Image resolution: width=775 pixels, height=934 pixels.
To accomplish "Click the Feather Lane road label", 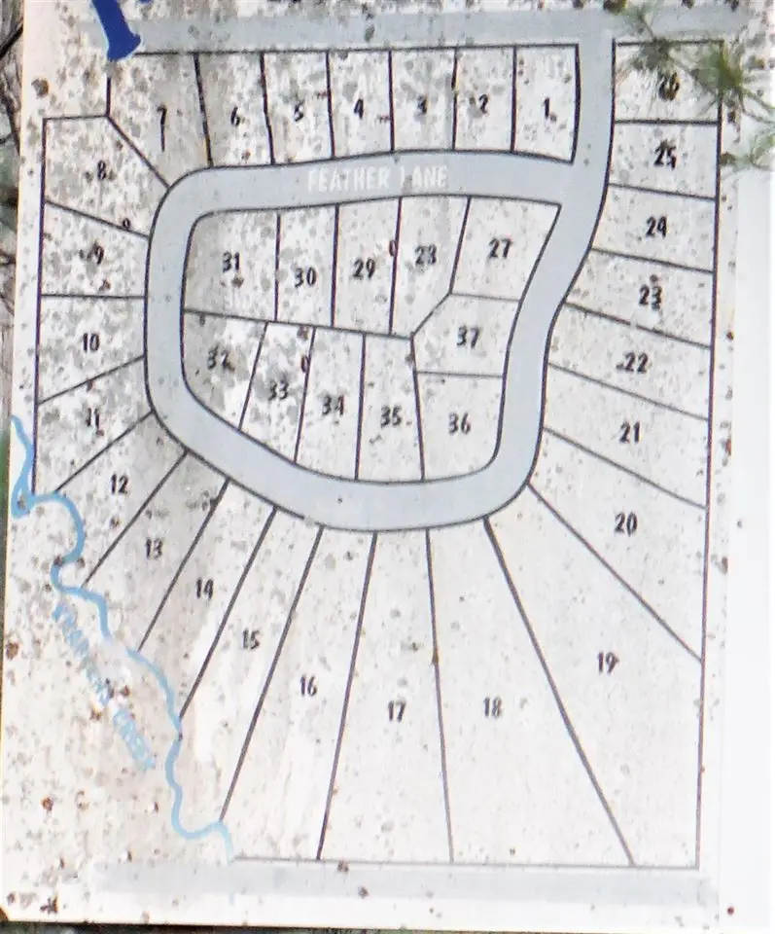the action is tap(376, 180).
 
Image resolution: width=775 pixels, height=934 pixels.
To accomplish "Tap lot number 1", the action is tap(547, 109).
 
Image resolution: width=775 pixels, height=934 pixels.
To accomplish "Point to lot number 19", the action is tap(607, 664).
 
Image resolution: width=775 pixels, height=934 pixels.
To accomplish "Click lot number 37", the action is tap(469, 338).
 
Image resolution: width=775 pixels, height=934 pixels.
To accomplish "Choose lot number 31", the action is tap(230, 262).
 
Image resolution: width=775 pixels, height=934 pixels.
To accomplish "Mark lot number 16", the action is tap(308, 686).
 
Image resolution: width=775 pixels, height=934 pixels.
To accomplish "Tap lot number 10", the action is tap(90, 342).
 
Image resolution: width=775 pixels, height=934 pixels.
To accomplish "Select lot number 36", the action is tap(459, 423).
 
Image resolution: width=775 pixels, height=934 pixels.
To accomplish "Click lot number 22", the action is tap(635, 363).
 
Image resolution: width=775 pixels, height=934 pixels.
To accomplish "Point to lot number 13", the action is tap(153, 549).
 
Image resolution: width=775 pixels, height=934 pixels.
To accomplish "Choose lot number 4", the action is tap(358, 108).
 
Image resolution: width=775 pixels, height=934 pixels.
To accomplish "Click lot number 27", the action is tap(500, 248).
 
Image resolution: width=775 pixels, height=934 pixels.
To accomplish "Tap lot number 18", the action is tap(493, 707).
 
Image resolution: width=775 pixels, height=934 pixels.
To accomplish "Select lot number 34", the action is tap(333, 405).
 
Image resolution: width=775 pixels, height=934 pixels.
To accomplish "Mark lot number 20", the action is tap(625, 523).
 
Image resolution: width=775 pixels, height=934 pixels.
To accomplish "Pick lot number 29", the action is tap(364, 269).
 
